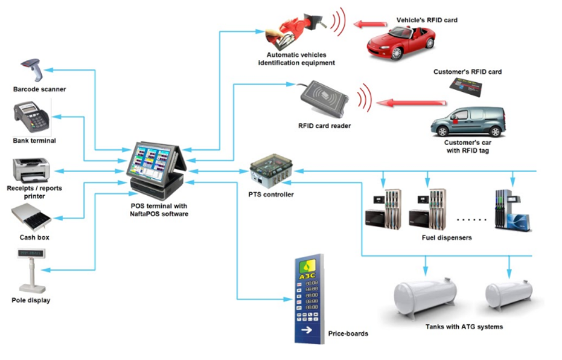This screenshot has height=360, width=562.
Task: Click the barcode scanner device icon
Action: (x=34, y=70)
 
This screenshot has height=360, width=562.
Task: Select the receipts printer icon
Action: (x=31, y=169)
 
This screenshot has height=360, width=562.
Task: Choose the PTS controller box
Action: (x=270, y=172)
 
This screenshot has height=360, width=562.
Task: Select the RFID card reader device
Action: (x=323, y=98)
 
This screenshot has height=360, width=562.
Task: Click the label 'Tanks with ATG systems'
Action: (x=464, y=327)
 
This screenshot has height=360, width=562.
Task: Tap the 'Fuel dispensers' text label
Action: (x=446, y=237)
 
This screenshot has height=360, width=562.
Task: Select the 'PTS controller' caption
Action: (x=271, y=194)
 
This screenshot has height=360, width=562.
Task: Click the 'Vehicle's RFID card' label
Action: (x=426, y=20)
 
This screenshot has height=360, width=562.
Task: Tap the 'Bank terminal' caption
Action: (x=34, y=141)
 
